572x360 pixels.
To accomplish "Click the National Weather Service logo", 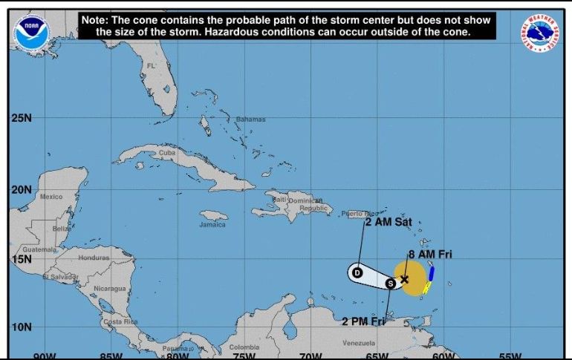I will point(541,33).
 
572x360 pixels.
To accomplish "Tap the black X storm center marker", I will point(405,280).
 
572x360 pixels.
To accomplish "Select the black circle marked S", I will point(391,283).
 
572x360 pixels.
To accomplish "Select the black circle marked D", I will point(357,272).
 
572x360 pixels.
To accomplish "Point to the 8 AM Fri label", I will point(430,254).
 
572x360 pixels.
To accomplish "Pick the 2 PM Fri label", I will point(364,321).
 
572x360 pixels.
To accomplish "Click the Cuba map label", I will point(166,153).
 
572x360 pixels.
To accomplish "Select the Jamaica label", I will point(212,224).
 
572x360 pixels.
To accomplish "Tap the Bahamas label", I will point(250,120).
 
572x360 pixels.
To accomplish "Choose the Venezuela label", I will point(359,343).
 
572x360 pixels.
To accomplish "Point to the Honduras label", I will point(94,258).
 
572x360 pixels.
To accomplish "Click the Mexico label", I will point(51,197).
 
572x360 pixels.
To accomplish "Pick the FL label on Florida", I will point(152,67).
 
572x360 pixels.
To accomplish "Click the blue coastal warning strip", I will point(431,272).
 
